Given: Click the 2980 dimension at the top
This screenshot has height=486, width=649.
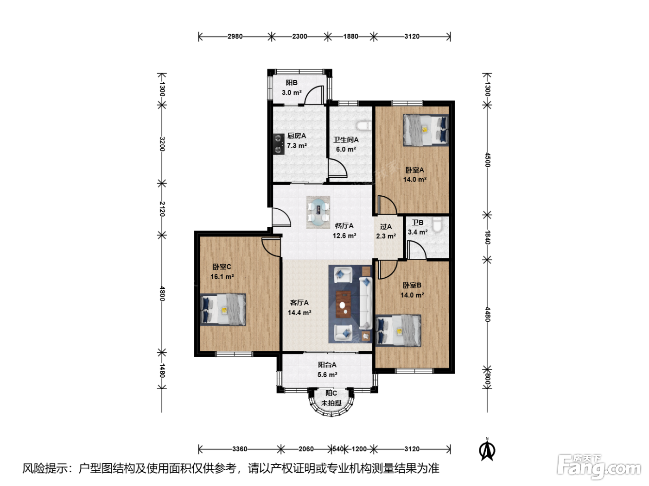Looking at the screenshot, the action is tap(235, 37).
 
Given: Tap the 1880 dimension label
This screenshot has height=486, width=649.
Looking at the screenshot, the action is tap(350, 37).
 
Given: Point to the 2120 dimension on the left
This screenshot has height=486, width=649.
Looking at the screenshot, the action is tap(162, 209).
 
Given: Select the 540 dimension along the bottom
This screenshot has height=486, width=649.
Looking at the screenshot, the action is tap(338, 449).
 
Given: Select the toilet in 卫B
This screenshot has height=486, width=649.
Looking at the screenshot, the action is tap(437, 225).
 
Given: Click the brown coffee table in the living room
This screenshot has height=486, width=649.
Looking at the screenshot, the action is tap(344, 304).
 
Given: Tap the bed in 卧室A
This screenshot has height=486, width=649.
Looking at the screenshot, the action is tap(426, 130).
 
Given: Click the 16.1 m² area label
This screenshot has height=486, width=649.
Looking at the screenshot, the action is tap(223, 277).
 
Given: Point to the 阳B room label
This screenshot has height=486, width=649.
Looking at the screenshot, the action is tap(292, 83).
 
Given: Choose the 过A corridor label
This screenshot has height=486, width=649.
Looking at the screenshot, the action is tap(386, 227).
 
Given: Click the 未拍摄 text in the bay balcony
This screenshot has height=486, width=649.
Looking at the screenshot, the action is tap(331, 403).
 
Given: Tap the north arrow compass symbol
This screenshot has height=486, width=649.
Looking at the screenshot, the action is tap(487, 449).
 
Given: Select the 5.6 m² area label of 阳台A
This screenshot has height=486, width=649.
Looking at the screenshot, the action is tap(327, 375).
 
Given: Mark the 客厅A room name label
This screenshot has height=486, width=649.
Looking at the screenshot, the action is tap(299, 303).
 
